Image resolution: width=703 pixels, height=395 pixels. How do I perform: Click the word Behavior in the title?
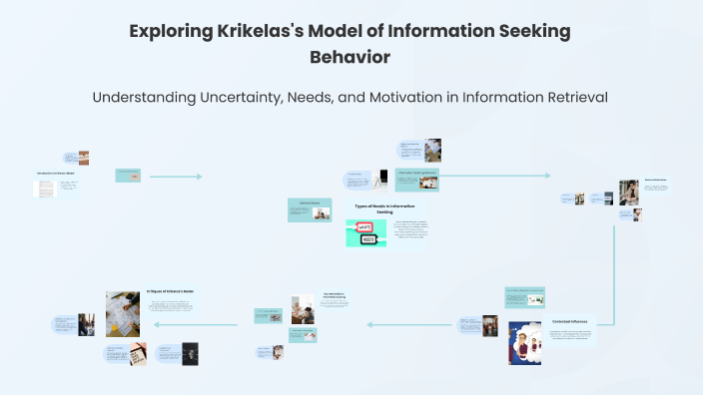pyautogui.click(x=351, y=57)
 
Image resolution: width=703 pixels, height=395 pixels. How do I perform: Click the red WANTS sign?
pyautogui.click(x=365, y=226)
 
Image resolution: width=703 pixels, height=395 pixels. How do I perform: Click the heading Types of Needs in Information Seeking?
pyautogui.click(x=384, y=207)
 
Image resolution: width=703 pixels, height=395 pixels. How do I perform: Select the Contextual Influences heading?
pyautogui.click(x=569, y=321)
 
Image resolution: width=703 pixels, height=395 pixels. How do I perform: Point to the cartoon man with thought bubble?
pyautogui.click(x=524, y=343)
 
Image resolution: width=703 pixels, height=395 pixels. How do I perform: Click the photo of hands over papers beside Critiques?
pyautogui.click(x=123, y=313)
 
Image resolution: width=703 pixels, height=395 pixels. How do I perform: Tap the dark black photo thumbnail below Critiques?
pyautogui.click(x=190, y=353)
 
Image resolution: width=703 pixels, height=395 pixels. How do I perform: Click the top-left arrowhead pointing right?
pyautogui.click(x=200, y=177)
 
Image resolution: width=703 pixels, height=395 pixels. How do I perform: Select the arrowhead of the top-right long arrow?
pyautogui.click(x=547, y=176)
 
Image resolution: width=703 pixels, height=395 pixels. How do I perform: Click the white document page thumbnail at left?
pyautogui.click(x=46, y=189)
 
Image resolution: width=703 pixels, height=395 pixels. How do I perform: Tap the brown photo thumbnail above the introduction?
pyautogui.click(x=84, y=158)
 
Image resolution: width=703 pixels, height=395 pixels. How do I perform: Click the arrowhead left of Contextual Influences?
pyautogui.click(x=369, y=324)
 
